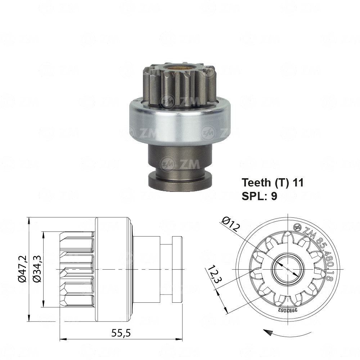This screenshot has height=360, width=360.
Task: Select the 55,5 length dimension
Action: pyautogui.click(x=121, y=333)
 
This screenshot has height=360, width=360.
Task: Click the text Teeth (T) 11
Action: pyautogui.click(x=273, y=183)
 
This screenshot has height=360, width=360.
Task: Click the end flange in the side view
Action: pyautogui.click(x=177, y=269)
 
